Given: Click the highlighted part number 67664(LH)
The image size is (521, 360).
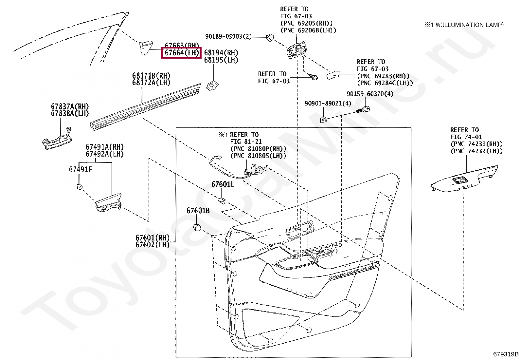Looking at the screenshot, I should coord(181,53).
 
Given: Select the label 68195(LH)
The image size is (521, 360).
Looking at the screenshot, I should coord(221,60).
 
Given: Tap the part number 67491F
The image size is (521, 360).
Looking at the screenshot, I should coord(80,169).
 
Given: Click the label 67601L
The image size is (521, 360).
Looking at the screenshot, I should coord(223,184).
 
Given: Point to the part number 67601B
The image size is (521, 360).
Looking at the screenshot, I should coord(198,211).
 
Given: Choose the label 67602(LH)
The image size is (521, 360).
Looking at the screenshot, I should coord(153,245).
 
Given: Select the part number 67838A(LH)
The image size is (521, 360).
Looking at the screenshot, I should coord(70,113).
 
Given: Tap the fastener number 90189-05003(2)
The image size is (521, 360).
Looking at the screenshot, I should coord(228,36).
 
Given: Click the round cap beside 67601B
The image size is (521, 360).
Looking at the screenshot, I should coord(197,227).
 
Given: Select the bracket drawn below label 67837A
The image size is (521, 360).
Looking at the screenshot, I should coord(57,139).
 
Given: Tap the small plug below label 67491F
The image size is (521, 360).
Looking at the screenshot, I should coord(79,187).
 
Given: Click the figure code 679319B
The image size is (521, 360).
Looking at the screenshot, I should coord(506,354).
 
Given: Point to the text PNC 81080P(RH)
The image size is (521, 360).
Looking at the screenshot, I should coord(258,149).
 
